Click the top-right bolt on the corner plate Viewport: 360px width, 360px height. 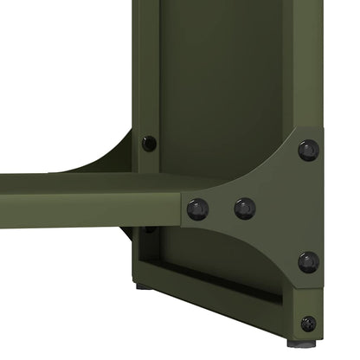coord(308,150)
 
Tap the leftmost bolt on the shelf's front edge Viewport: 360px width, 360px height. coord(197,209)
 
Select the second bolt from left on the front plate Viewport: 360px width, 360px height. coord(245,209)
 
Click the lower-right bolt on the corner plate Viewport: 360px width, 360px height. coord(308,261)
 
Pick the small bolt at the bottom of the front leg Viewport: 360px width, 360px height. coord(308,324)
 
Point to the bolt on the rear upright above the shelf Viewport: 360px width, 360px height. coord(150,143)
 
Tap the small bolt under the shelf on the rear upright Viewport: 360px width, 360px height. coord(150,229)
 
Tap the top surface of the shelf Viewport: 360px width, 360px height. coord(104,183)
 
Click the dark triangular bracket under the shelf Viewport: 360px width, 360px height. coord(130,234)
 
